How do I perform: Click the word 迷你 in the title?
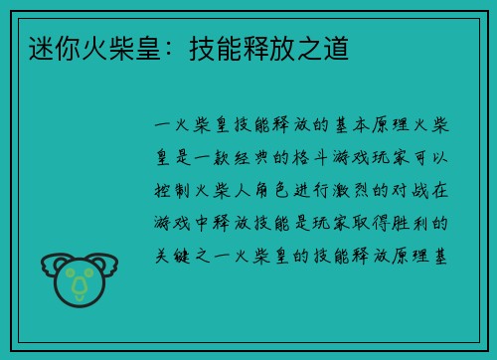46,46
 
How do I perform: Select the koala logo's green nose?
80,285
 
